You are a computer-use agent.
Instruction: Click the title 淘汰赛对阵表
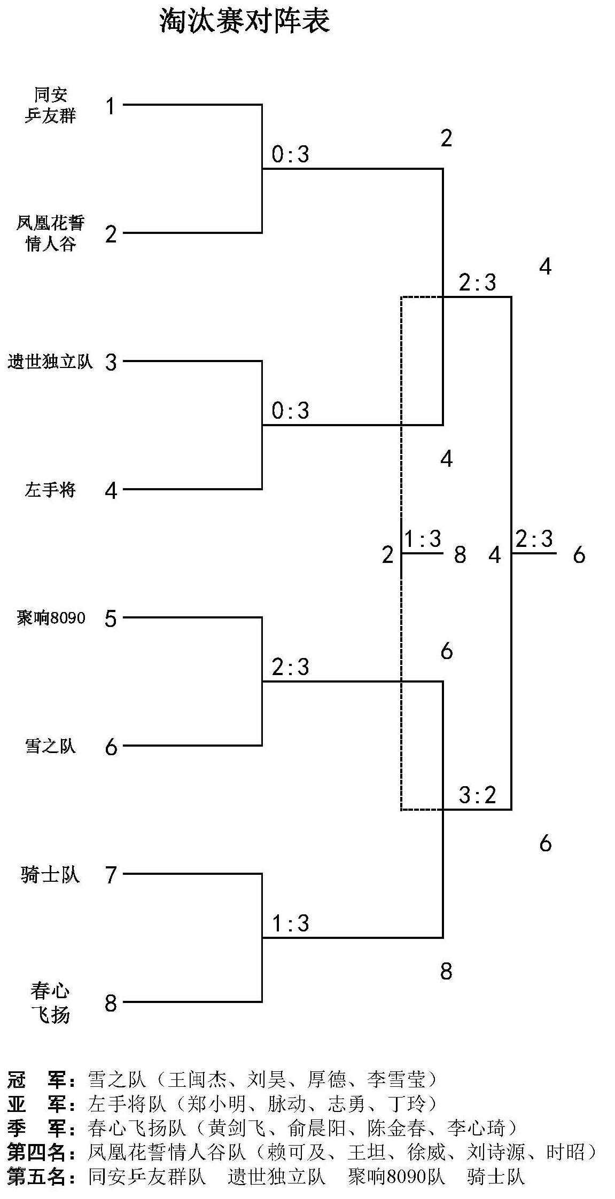(245, 21)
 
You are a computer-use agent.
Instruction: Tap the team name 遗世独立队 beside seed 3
(50, 362)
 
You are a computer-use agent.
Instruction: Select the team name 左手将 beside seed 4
(50, 489)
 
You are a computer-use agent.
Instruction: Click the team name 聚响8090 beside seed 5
(50, 618)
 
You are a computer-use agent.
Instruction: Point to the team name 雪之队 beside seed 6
(50, 746)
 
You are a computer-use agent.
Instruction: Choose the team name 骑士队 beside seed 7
(50, 874)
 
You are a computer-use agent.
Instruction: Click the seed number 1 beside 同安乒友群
(111, 106)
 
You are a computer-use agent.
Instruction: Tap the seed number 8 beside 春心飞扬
(111, 1003)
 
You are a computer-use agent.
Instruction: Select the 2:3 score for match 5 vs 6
(291, 667)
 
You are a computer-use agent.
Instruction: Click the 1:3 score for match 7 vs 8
(291, 923)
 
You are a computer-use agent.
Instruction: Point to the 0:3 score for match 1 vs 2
(291, 155)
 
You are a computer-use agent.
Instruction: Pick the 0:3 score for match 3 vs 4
(291, 411)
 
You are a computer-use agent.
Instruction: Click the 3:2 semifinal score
(477, 796)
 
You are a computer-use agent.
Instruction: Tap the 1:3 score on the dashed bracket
(423, 539)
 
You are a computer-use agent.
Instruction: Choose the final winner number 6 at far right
(579, 555)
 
